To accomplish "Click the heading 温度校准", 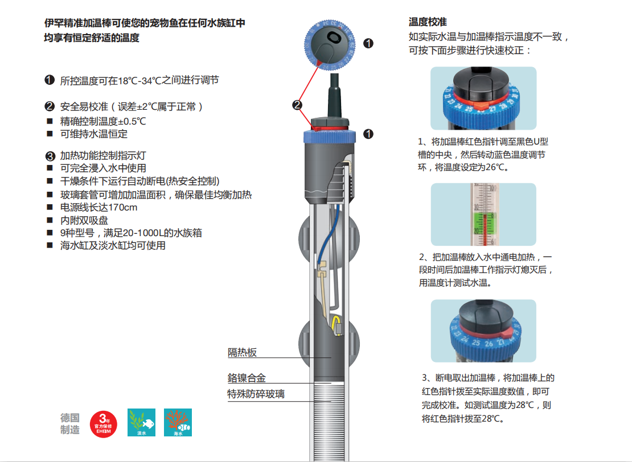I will tap(427, 22).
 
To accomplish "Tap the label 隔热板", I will tap(243, 353).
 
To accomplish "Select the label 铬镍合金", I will tap(247, 378).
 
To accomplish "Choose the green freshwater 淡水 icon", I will tap(141, 423).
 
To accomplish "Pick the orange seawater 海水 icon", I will tap(178, 423).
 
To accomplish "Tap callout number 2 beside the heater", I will tap(297, 105).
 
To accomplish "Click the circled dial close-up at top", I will tap(330, 42).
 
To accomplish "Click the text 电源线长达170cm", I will tap(99, 207).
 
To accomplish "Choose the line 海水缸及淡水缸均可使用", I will tap(113, 246).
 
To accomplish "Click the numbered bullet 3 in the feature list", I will tap(50, 155).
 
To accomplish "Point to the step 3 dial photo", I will tap(483, 331).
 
